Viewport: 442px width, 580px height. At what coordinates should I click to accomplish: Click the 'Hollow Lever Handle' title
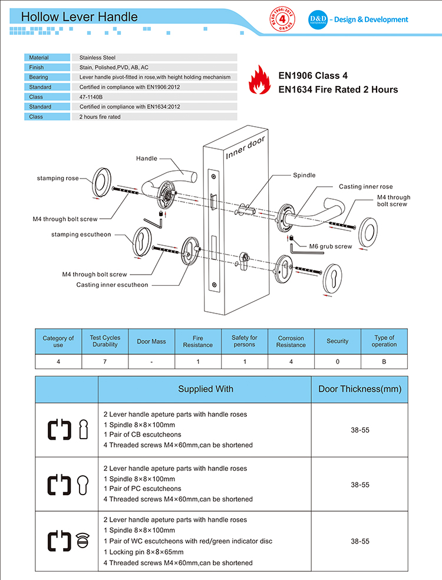80,17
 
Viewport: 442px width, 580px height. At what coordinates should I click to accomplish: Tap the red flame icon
258,81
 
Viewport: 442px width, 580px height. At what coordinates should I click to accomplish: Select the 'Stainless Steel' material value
98,58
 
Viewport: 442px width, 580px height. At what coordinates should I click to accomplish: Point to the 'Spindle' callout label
304,175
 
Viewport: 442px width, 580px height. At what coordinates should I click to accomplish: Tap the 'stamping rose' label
58,178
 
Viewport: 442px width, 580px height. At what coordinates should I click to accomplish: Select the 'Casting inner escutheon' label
112,285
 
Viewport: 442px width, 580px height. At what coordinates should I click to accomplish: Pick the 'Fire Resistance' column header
198,341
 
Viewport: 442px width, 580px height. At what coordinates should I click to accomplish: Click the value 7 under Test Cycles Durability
105,361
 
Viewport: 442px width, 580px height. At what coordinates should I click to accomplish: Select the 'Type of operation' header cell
384,341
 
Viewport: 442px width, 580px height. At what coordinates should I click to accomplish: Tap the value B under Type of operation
384,361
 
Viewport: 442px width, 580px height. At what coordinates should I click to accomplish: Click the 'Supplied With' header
206,389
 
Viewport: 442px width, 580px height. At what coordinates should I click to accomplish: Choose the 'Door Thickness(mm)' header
359,389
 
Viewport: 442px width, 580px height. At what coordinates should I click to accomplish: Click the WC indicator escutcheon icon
83,541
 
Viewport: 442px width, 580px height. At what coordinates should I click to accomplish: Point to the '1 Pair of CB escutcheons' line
142,434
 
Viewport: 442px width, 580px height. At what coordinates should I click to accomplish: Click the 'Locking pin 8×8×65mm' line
143,552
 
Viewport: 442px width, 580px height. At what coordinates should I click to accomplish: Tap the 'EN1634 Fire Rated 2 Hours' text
338,90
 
